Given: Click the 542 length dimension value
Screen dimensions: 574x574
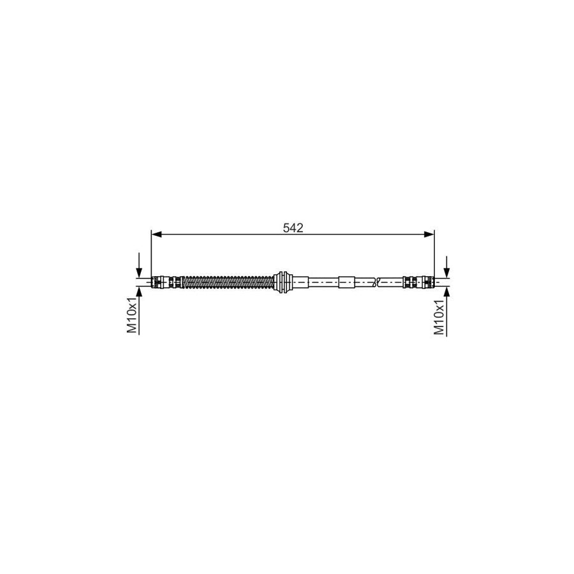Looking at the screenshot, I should (x=293, y=227).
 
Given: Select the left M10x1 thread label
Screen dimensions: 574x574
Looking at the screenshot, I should (x=132, y=314).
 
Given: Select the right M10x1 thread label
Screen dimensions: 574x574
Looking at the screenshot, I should (x=439, y=316).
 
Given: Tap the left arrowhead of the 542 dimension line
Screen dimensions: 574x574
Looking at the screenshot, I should (x=155, y=235).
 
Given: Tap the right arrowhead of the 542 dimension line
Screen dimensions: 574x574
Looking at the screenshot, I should (x=430, y=235).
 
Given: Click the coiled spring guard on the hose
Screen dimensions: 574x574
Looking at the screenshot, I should (x=226, y=281).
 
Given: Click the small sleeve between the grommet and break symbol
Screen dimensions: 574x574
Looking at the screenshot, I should (x=346, y=281).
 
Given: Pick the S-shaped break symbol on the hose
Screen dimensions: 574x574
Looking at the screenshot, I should (x=378, y=281).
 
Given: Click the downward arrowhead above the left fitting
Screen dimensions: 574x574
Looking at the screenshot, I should (x=139, y=272).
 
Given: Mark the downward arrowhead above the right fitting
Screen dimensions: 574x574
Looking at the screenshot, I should (x=446, y=272).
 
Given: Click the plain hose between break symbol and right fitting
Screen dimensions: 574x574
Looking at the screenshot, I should (x=391, y=281).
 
